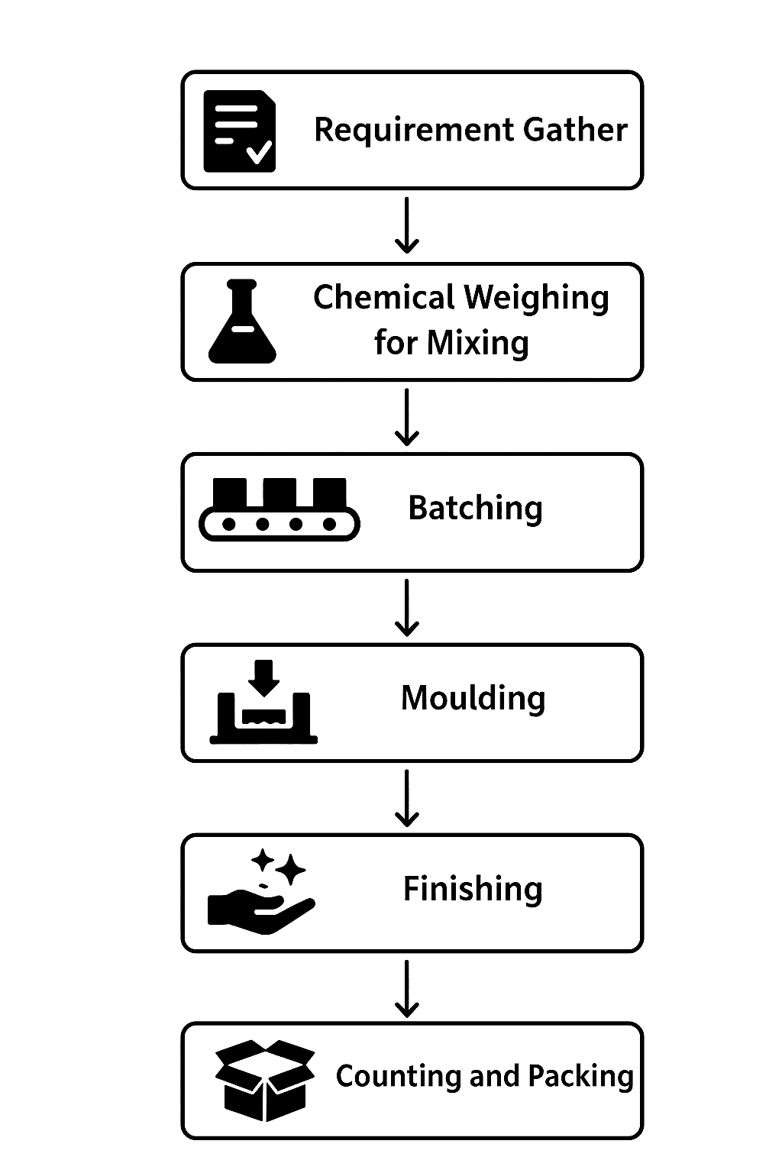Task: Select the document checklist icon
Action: click(239, 131)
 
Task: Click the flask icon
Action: click(242, 322)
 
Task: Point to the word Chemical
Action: click(383, 297)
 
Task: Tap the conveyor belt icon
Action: click(279, 509)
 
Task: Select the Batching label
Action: click(475, 508)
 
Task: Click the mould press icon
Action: click(263, 702)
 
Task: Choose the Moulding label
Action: click(473, 698)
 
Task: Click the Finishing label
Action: click(473, 888)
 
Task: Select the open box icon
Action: click(264, 1080)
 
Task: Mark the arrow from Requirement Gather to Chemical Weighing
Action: click(407, 225)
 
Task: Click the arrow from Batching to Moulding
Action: click(407, 607)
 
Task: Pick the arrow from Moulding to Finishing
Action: click(407, 797)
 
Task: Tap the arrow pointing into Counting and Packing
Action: click(407, 988)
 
